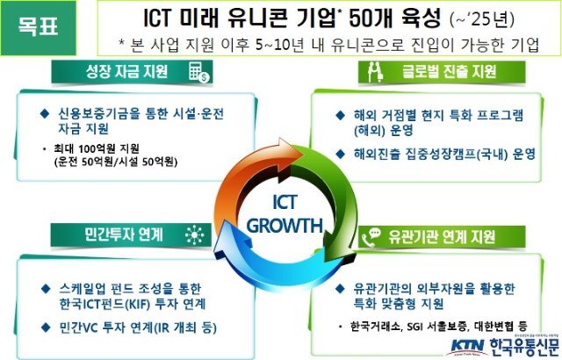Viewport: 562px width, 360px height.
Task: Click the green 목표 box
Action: (x=39, y=28)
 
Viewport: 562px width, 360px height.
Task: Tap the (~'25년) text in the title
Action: (x=482, y=19)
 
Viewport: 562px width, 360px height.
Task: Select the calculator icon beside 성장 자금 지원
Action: (x=199, y=72)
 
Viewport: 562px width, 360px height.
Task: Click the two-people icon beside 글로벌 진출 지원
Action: (x=375, y=72)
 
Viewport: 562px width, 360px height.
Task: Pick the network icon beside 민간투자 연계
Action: (x=195, y=235)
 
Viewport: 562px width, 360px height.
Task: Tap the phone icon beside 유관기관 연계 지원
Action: (x=371, y=237)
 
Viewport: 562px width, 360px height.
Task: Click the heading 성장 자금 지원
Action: (x=126, y=71)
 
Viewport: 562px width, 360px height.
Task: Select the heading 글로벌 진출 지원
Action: (x=449, y=71)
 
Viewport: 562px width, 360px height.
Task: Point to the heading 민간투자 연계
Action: (x=124, y=234)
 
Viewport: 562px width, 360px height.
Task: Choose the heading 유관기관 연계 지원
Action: (x=442, y=237)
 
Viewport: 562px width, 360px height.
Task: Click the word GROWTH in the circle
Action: (x=285, y=226)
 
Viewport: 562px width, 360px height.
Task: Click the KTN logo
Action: (x=467, y=346)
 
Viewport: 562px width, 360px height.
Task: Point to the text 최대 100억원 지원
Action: (x=96, y=148)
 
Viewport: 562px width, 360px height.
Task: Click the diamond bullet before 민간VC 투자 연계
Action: (x=46, y=327)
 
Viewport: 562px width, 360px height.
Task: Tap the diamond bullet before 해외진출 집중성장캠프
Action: (x=340, y=154)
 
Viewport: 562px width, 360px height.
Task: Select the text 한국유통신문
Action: (x=524, y=347)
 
